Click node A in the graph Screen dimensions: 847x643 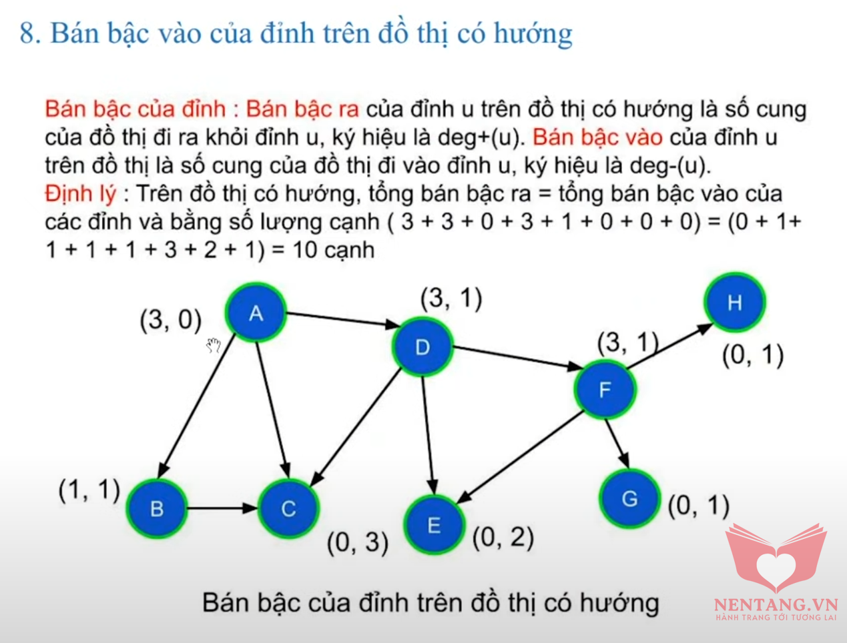pos(256,313)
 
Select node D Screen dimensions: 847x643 pos(422,347)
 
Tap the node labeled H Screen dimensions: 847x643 pos(735,302)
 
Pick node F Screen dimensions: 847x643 pos(605,390)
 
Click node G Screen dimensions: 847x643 pos(629,499)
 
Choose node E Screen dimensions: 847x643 pos(434,525)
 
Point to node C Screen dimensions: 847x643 pos(288,508)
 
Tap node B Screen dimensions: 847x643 pos(157,508)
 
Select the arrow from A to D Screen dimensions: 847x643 pos(343,319)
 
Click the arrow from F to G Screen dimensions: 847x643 pos(617,444)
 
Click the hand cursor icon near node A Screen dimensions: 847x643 pos(214,345)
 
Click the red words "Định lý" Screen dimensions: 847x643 pos(80,193)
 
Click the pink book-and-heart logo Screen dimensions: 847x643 pos(776,558)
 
